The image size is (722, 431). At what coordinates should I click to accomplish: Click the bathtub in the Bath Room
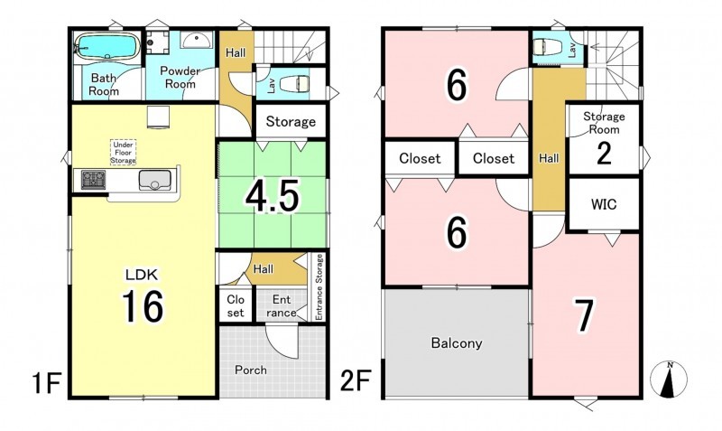tap(107, 46)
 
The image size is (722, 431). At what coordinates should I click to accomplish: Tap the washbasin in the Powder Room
tap(197, 40)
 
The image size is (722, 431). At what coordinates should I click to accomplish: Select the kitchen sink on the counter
tap(155, 180)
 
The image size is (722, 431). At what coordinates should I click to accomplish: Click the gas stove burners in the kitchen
tap(94, 179)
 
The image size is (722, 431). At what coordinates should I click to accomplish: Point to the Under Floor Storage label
tap(123, 152)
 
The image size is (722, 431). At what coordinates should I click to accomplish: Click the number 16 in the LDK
tap(143, 306)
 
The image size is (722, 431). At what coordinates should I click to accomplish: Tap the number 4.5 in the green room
tap(273, 196)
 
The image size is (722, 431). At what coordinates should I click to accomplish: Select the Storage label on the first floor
tap(291, 121)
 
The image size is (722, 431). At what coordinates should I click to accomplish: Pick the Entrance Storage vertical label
tap(319, 286)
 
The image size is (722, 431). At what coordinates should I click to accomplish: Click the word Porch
tap(251, 370)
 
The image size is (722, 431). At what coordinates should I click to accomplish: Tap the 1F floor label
tap(47, 383)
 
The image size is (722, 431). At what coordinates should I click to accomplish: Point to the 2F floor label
tap(355, 380)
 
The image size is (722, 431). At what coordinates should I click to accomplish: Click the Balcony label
tap(457, 343)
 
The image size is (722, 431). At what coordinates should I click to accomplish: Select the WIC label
tap(604, 203)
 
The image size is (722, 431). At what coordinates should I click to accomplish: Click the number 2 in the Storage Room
tap(604, 154)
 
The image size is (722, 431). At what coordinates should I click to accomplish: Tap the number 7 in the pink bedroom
tap(584, 314)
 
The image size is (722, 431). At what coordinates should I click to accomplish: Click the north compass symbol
tap(669, 379)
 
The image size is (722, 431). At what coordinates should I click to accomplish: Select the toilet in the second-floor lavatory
tap(548, 47)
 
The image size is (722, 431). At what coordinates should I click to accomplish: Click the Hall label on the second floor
tap(549, 158)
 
